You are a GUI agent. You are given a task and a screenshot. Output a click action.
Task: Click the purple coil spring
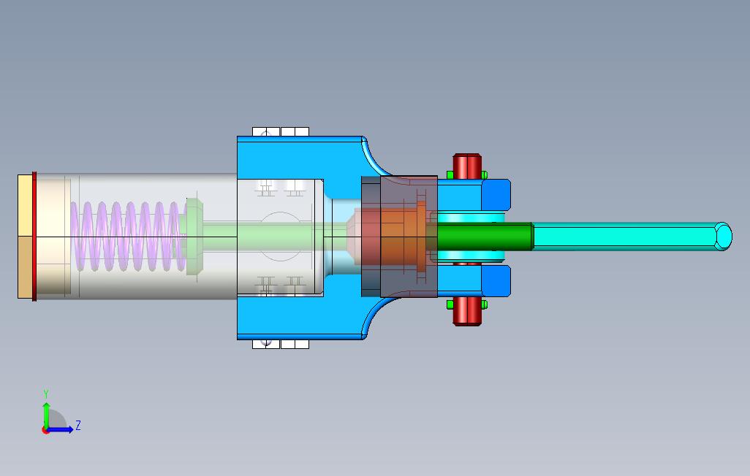[x=128, y=237]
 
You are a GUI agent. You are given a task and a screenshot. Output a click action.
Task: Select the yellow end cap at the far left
[x=25, y=237]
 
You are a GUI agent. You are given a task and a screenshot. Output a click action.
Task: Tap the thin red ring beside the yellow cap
[x=34, y=237]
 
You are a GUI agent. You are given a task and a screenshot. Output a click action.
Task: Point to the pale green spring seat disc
[x=194, y=237]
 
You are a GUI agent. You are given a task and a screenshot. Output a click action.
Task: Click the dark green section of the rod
[x=485, y=237]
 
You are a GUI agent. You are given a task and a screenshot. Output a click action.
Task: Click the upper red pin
[x=467, y=166]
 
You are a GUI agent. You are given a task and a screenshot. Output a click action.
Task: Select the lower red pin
[x=467, y=311]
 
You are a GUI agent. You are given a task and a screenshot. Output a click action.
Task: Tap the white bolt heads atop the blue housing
[x=281, y=132]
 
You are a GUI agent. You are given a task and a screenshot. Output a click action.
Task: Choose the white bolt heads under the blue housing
[x=281, y=344]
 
